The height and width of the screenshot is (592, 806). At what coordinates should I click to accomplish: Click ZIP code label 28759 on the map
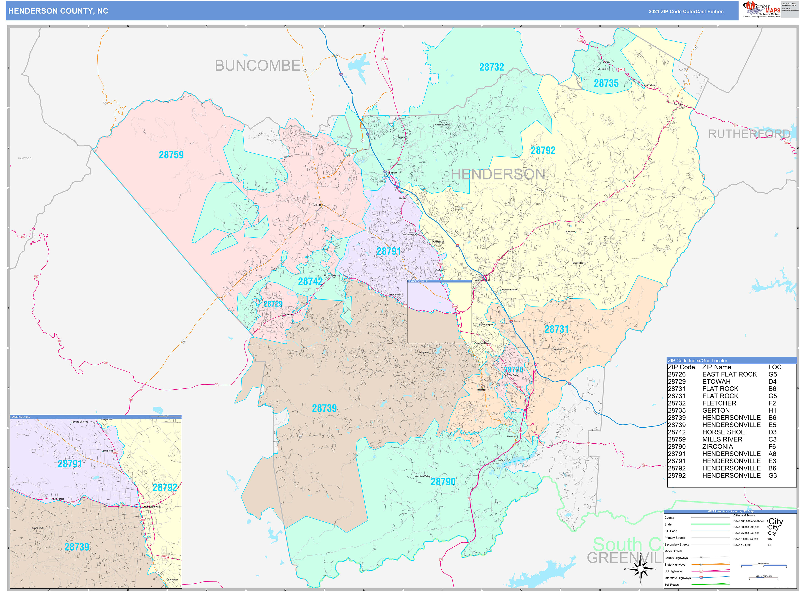tap(171, 155)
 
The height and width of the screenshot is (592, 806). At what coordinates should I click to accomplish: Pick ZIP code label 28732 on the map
tap(491, 67)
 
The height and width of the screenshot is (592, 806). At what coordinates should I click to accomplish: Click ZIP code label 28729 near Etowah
tap(273, 304)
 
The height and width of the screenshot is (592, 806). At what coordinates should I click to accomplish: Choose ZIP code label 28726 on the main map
tap(513, 370)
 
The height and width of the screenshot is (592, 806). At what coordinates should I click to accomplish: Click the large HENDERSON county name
tap(498, 174)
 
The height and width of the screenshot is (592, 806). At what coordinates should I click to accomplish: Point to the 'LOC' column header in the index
tap(775, 367)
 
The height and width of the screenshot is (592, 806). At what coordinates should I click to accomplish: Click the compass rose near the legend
tap(641, 569)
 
